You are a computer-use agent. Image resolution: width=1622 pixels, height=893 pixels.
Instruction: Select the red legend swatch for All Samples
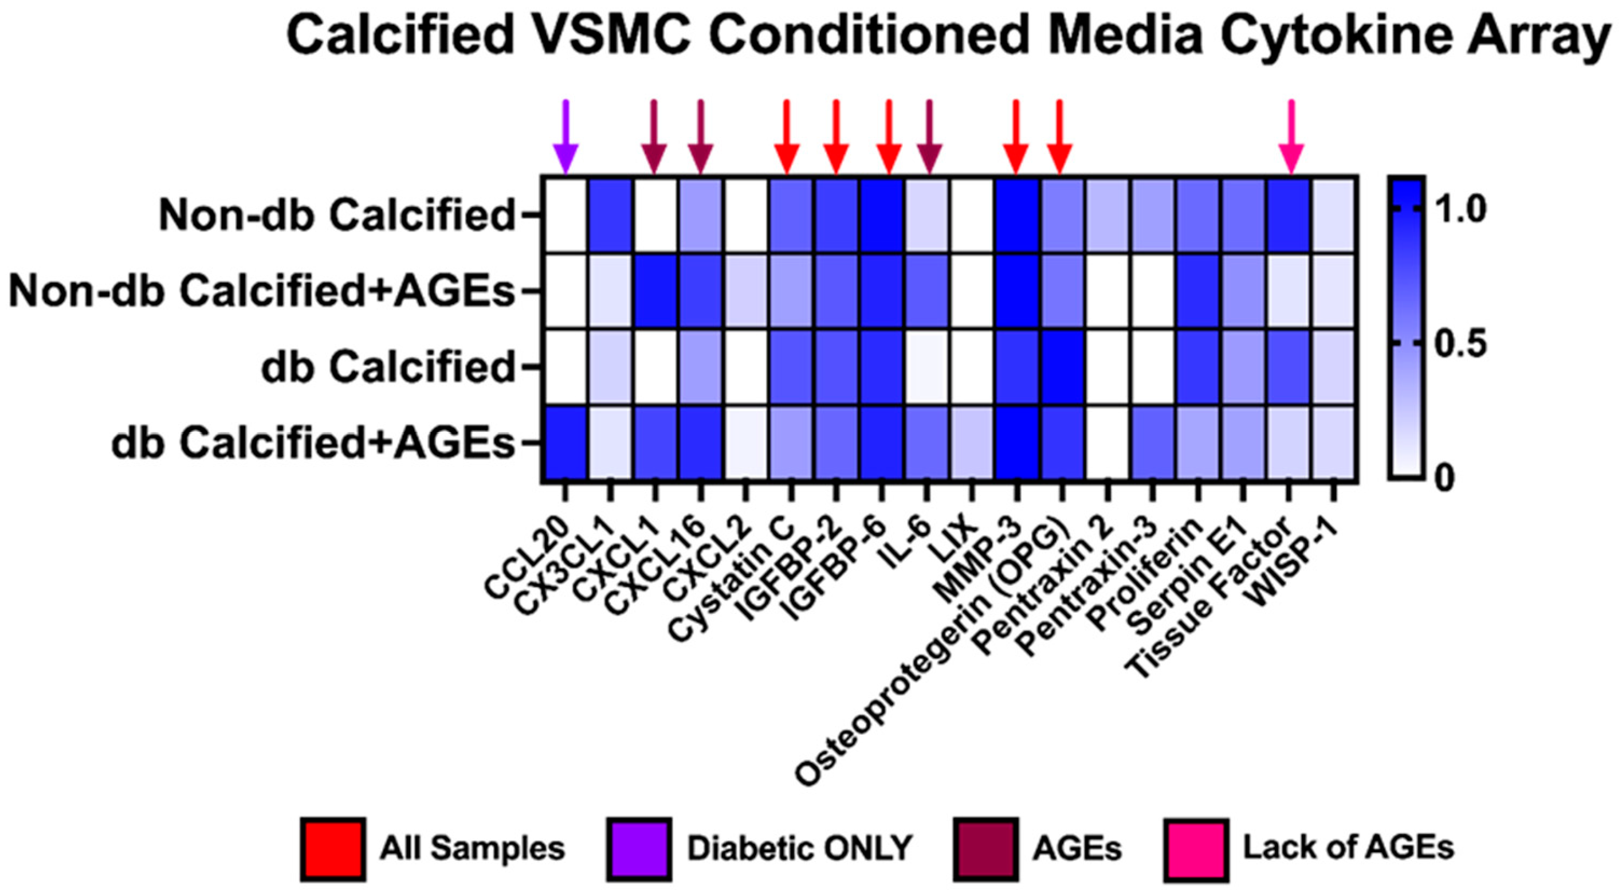[x=333, y=848]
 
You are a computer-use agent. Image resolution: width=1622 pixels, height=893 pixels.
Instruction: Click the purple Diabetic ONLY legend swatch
[x=639, y=848]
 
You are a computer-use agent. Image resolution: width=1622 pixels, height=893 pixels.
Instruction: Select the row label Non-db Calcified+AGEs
[x=262, y=292]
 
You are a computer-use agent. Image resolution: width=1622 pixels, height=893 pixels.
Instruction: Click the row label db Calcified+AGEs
[x=313, y=444]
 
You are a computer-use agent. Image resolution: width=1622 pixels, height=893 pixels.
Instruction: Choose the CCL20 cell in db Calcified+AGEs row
[x=565, y=444]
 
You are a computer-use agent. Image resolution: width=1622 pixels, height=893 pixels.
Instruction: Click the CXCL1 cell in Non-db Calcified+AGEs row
[x=655, y=292]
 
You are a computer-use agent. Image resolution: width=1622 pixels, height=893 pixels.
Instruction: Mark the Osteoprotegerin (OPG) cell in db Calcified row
[x=1061, y=367]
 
